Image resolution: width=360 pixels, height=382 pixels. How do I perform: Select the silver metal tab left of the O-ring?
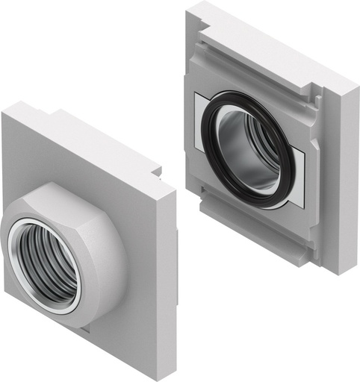201,112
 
